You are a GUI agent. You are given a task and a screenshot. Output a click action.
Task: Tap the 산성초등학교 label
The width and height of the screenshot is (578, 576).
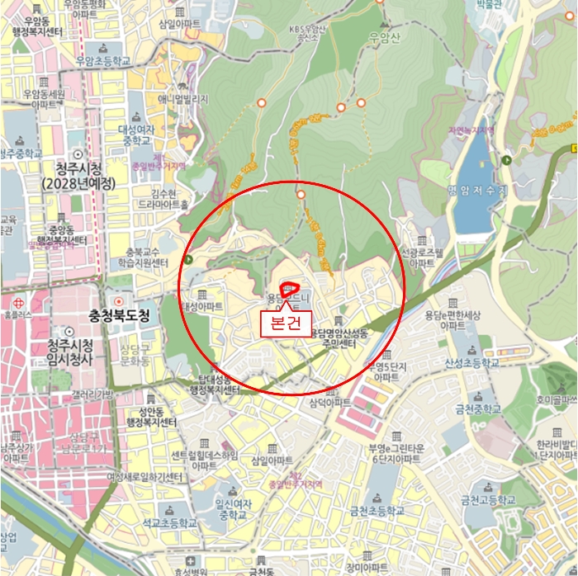[x=471, y=362]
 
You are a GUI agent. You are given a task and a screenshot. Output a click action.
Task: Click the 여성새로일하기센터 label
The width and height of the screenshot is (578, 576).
[x=144, y=476]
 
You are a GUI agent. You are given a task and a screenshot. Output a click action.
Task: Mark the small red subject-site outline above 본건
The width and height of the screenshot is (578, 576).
[x=290, y=290]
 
